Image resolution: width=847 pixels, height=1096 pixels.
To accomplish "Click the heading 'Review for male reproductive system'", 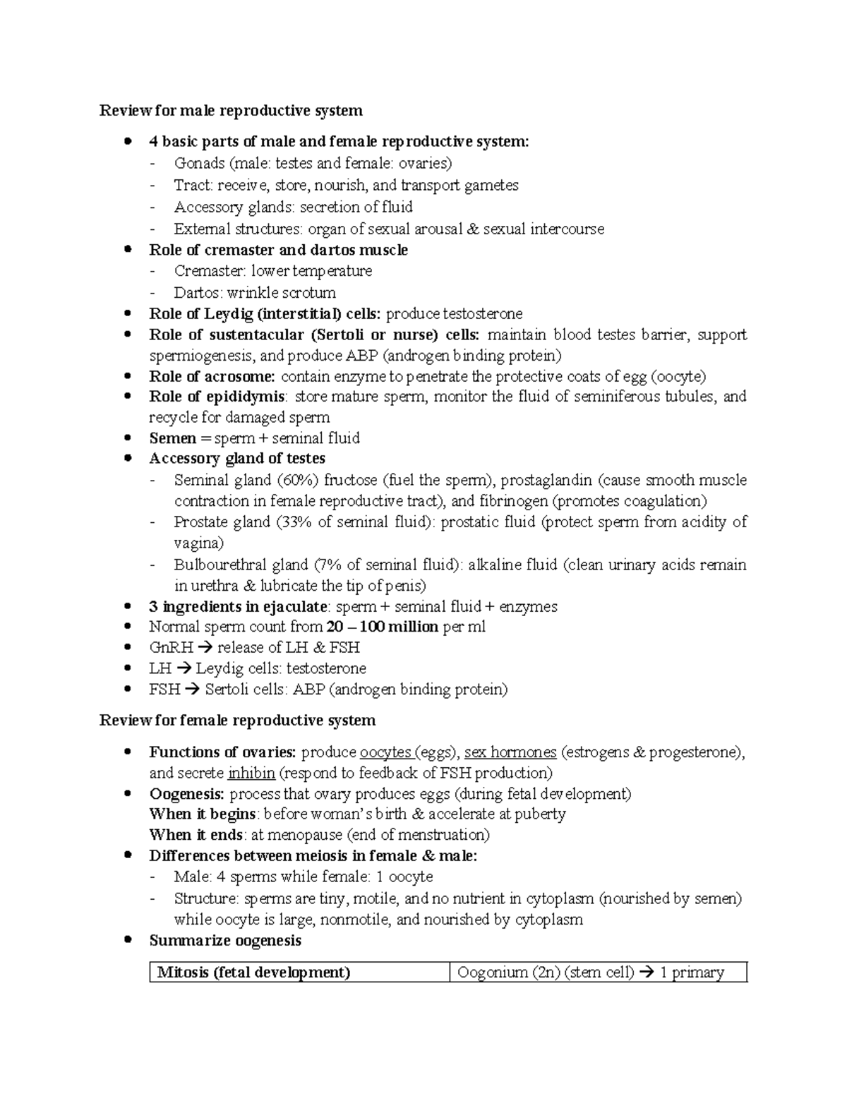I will coord(231,110).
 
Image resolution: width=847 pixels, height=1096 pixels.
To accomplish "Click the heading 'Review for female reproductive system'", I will coord(237,720).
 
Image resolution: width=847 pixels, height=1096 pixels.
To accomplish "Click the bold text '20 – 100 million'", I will coord(383,627).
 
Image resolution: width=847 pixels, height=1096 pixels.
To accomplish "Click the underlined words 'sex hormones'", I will coord(510,752).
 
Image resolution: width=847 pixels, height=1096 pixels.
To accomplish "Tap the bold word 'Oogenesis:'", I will coord(187,794).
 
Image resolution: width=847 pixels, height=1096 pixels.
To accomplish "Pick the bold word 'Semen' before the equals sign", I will coord(172,438).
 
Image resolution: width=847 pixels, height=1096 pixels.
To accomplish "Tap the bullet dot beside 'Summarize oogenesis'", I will coord(128,939).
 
